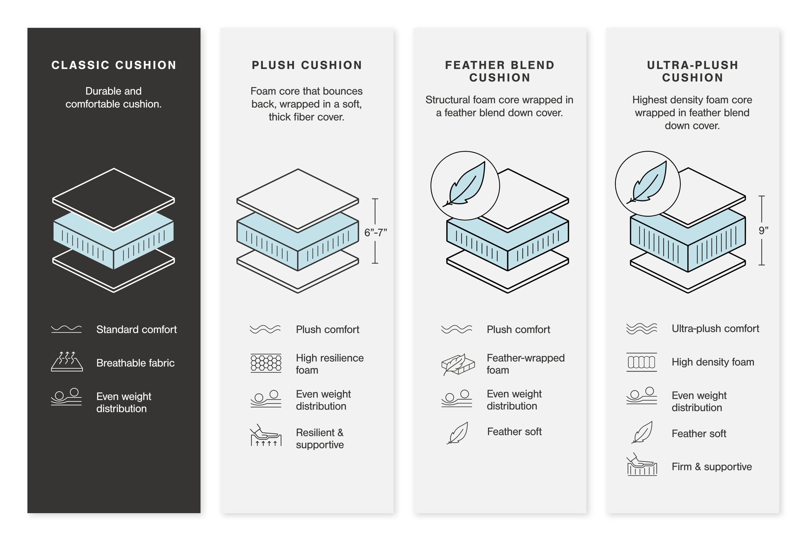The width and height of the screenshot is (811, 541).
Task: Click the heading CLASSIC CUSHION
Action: tap(114, 65)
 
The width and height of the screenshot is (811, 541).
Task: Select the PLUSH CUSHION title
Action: tap(307, 65)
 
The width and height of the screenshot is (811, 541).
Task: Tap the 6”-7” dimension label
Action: tap(375, 232)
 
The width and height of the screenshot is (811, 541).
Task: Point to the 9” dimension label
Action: tap(763, 230)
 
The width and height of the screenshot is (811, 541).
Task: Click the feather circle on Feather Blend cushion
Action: tap(465, 185)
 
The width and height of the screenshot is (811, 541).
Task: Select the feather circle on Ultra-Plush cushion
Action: tap(647, 184)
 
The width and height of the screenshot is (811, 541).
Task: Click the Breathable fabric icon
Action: tap(67, 361)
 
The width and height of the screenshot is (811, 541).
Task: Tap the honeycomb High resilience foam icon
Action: tap(266, 363)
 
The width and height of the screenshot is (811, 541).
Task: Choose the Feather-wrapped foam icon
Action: tap(458, 364)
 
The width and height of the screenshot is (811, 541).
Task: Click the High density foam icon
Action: tap(642, 362)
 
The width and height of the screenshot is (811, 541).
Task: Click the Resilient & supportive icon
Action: tap(266, 436)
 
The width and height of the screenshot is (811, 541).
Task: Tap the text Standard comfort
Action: tap(136, 330)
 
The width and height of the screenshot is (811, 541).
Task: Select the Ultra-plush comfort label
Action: tap(715, 329)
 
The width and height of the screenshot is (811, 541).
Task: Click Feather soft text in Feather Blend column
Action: tap(514, 432)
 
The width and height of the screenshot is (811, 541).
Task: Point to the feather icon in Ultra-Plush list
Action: tap(642, 432)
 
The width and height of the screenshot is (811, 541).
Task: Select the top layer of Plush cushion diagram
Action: tap(298, 198)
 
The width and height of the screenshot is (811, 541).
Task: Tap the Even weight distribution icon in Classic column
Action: tap(67, 397)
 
